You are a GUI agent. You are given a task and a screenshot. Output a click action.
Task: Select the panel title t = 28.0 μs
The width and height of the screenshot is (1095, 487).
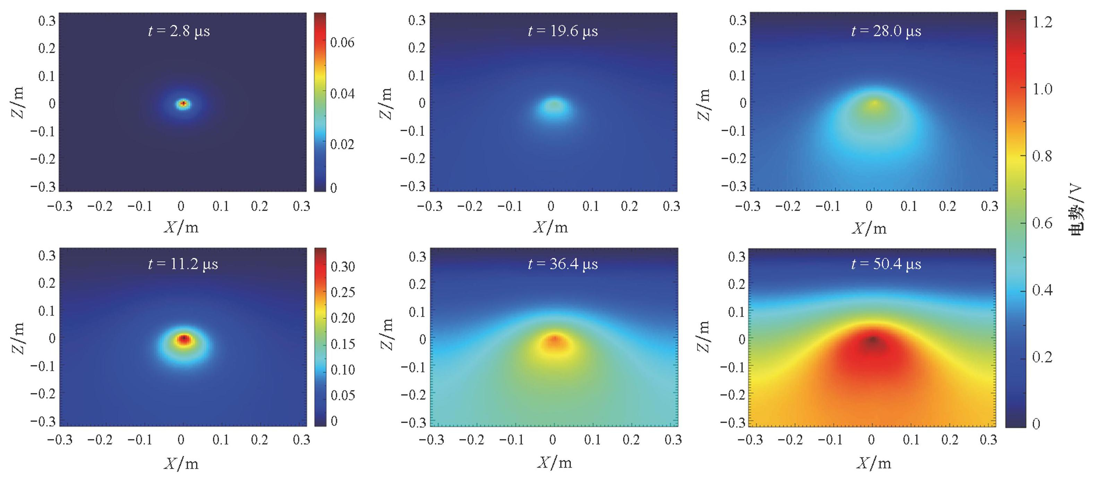point(886,31)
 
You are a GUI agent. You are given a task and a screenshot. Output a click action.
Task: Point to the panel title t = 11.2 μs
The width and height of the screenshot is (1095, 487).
point(183,264)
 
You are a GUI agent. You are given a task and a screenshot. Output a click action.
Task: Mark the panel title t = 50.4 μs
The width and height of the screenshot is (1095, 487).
point(886,264)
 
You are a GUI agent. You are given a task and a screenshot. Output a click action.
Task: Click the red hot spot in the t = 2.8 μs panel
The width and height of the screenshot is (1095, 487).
point(183,103)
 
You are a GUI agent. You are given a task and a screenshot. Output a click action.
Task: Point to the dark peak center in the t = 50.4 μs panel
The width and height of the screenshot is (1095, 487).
point(872,340)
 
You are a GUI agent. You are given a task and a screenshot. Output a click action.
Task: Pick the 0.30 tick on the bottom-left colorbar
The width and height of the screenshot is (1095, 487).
point(343,267)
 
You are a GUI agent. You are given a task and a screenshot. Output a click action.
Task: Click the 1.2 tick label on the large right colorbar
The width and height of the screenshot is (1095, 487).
point(1042,22)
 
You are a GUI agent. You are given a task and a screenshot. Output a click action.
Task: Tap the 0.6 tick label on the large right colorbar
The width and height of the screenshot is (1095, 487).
point(1042,223)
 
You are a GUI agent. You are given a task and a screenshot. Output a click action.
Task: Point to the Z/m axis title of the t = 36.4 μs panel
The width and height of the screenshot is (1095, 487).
point(386,335)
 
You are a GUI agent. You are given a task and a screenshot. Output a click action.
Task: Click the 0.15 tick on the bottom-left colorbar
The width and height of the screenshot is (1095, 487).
point(343,344)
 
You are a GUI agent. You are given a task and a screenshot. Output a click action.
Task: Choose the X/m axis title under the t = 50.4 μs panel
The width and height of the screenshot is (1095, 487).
point(873,463)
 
